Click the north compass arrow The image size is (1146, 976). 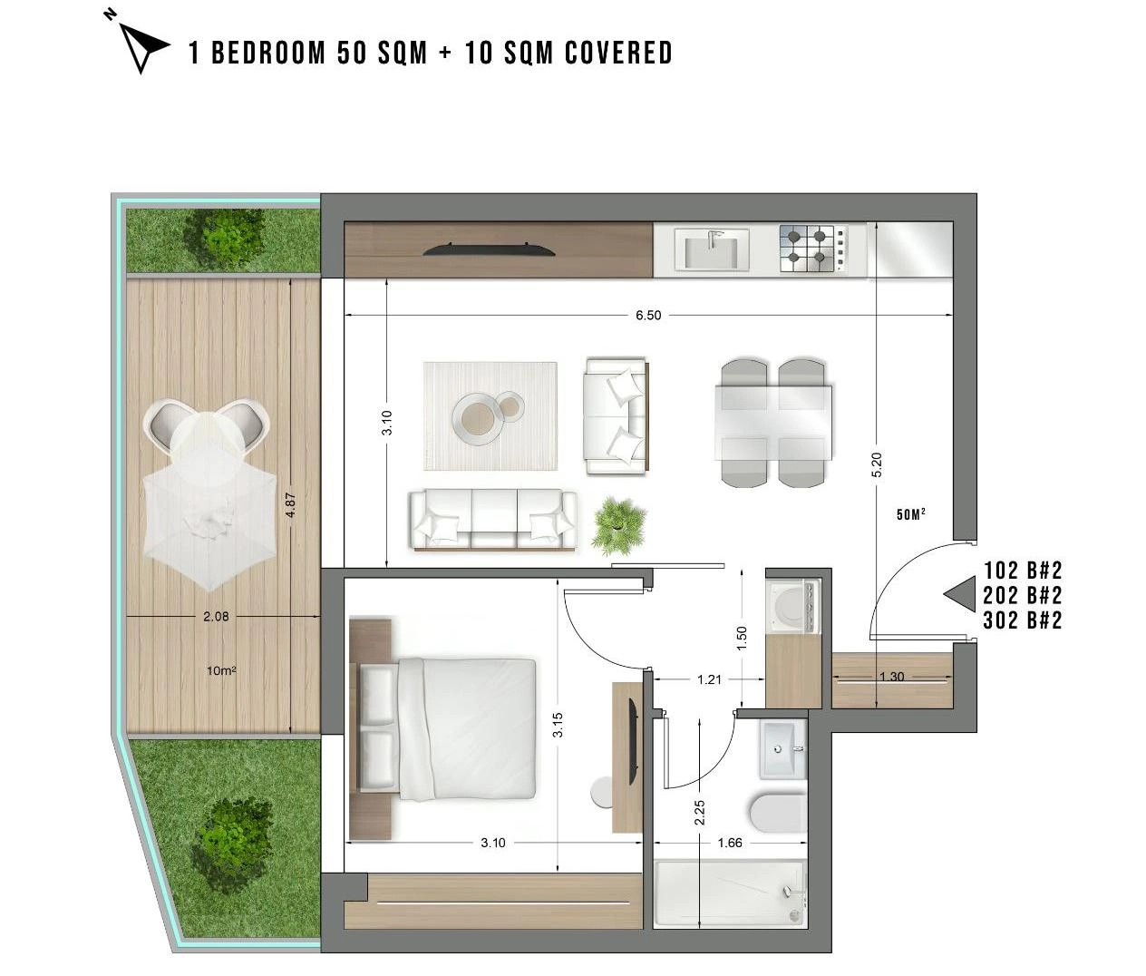pyautogui.click(x=141, y=46)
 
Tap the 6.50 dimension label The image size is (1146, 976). pyautogui.click(x=648, y=316)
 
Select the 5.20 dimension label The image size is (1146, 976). pyautogui.click(x=877, y=464)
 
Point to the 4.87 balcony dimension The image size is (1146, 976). pyautogui.click(x=290, y=505)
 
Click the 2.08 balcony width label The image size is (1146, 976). pyautogui.click(x=216, y=617)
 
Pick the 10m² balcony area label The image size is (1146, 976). pyautogui.click(x=221, y=671)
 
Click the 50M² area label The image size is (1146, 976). pyautogui.click(x=911, y=514)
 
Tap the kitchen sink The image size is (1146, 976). pyautogui.click(x=712, y=249)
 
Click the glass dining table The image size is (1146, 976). pyautogui.click(x=772, y=423)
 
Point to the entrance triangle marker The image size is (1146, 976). pyautogui.click(x=960, y=594)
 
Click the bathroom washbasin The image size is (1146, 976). pyautogui.click(x=782, y=750)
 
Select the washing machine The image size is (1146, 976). pyautogui.click(x=792, y=605)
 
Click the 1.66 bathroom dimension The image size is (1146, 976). pyautogui.click(x=730, y=843)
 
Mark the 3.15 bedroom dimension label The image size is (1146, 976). pyautogui.click(x=558, y=724)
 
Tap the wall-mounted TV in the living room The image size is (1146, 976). pyautogui.click(x=489, y=249)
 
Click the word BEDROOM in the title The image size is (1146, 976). pyautogui.click(x=267, y=54)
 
